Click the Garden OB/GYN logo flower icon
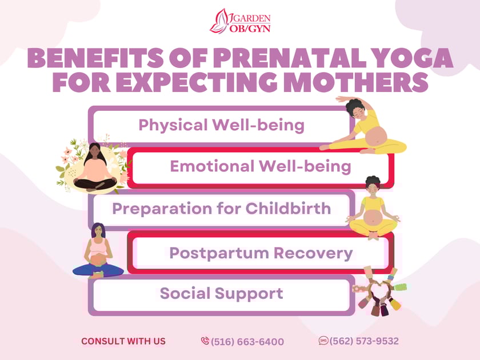(220, 21)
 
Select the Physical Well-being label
(221, 125)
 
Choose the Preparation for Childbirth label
(221, 208)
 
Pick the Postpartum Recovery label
(261, 253)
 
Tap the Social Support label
(221, 294)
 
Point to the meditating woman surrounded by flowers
(95, 168)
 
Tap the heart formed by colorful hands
(376, 291)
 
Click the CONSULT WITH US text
(123, 341)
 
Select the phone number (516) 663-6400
(247, 342)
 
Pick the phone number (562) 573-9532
(364, 341)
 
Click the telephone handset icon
(205, 341)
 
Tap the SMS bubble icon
(323, 341)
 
